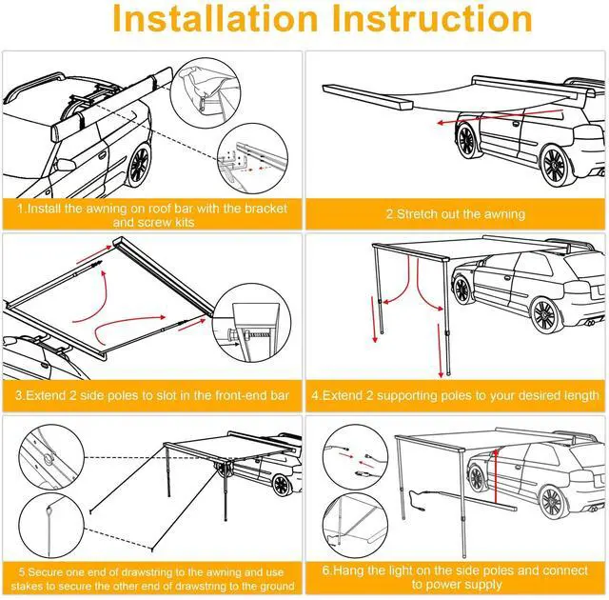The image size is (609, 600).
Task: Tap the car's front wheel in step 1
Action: tap(139, 165)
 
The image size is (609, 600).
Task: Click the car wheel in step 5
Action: tap(282, 485)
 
